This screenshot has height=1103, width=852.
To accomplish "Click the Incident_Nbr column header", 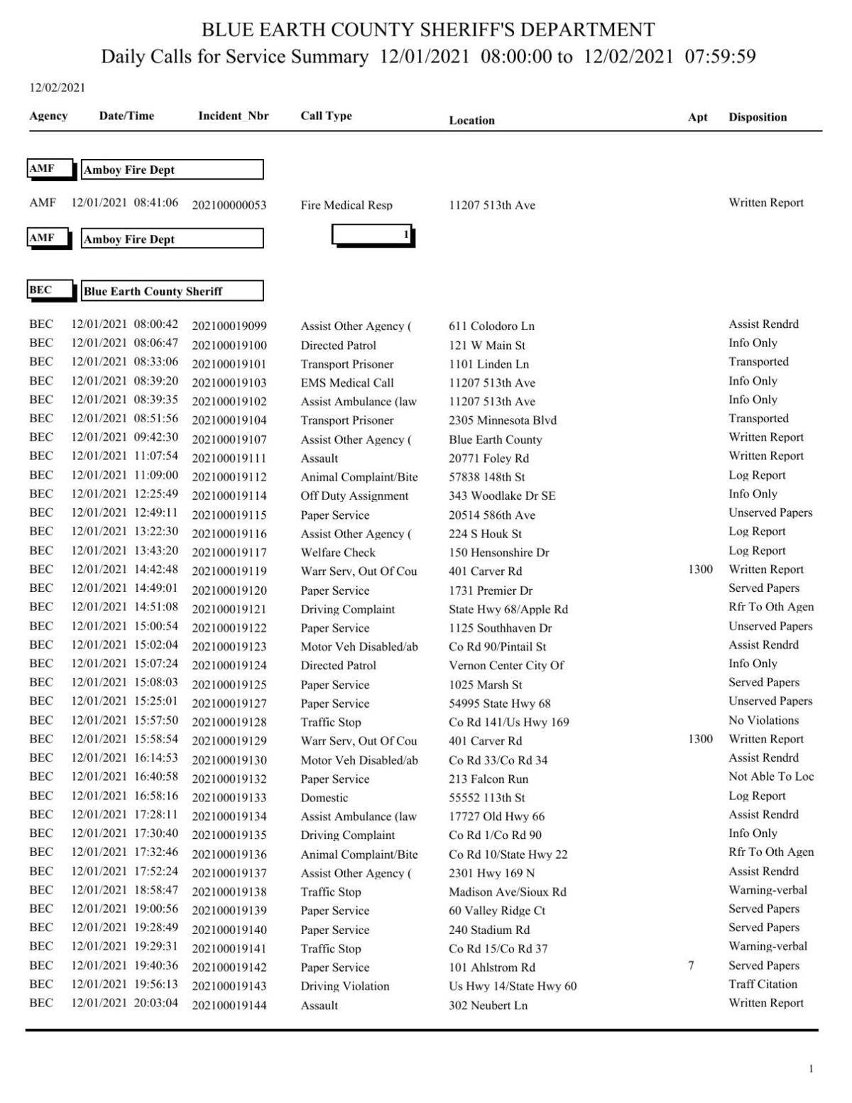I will click(233, 116).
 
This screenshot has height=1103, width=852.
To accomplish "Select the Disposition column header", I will click(757, 117).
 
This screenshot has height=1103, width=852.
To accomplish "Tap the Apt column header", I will click(697, 117).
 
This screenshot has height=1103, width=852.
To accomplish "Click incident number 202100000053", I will click(229, 205).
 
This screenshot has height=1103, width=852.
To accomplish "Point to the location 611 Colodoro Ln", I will click(491, 326).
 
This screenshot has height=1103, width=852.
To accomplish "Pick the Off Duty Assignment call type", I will click(354, 496).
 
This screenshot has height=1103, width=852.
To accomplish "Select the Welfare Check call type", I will click(338, 552).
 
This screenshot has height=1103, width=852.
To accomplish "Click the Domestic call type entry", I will click(324, 798).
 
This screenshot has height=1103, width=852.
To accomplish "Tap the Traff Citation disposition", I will click(763, 984).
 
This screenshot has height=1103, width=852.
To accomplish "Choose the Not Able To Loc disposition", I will click(770, 777).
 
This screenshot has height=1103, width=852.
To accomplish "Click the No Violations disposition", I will click(763, 720).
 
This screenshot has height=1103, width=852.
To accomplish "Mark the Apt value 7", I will click(691, 965).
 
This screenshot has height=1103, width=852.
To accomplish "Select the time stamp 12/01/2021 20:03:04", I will click(124, 1003).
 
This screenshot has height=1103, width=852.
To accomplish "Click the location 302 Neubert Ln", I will click(488, 1005).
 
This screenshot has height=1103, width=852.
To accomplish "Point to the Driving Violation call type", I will click(344, 987).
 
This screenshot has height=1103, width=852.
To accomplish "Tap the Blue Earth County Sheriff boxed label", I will click(172, 291).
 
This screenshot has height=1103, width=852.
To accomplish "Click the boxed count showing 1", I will click(373, 235).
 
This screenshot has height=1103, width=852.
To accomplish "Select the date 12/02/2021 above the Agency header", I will click(57, 88).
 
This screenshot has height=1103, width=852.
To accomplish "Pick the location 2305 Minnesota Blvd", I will click(503, 420).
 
